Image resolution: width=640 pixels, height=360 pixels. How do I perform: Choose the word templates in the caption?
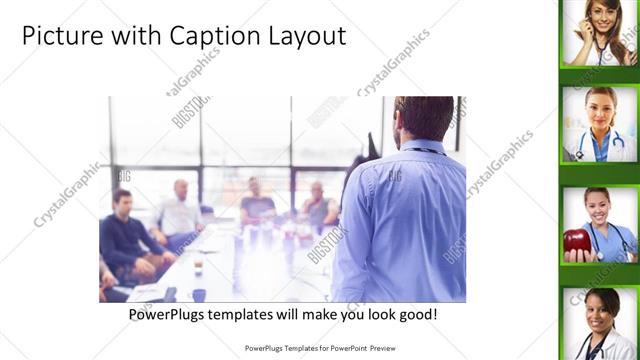point(253,315)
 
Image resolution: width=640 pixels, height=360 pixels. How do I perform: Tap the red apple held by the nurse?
point(577,242)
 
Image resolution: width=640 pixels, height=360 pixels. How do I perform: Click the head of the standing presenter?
point(424,118)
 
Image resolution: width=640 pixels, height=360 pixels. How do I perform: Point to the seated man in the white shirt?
point(179,212)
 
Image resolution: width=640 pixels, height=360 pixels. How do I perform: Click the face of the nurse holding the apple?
point(597,207)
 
